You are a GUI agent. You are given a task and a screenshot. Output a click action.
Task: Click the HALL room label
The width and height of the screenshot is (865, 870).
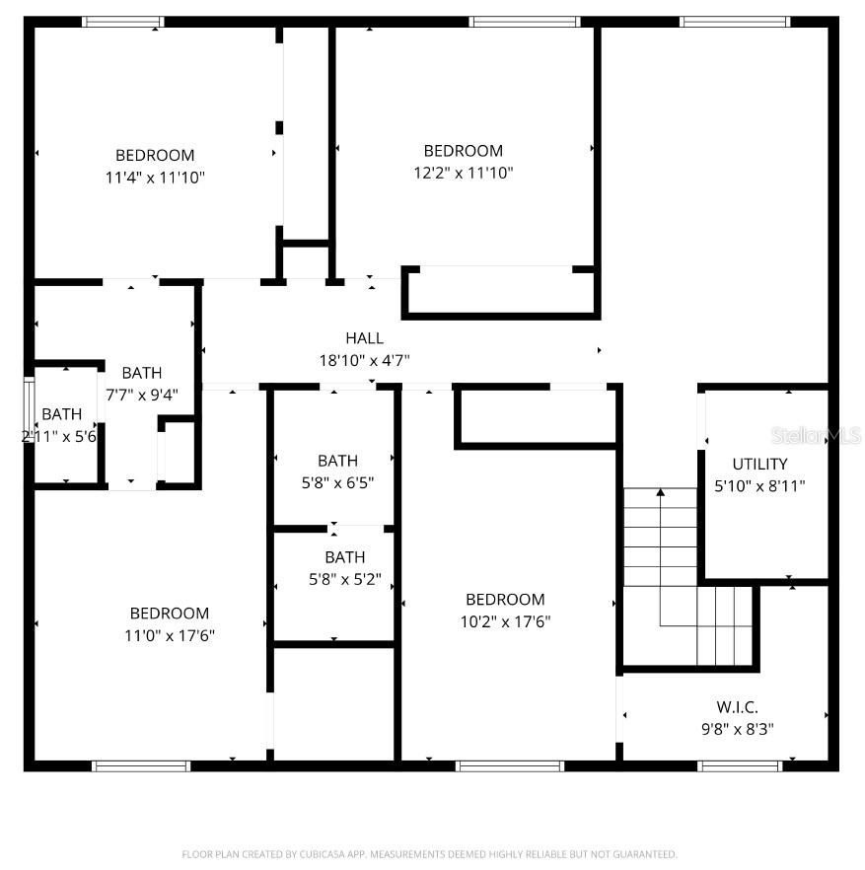click(x=364, y=338)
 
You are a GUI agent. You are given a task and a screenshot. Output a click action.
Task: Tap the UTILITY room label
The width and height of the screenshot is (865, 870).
click(x=759, y=464)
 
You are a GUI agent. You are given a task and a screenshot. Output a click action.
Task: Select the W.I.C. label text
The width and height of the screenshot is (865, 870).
click(x=737, y=707)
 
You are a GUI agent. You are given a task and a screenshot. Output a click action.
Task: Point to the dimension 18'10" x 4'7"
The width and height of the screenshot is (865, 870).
click(x=364, y=361)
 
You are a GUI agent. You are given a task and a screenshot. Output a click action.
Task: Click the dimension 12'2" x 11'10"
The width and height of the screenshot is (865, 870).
click(x=464, y=173)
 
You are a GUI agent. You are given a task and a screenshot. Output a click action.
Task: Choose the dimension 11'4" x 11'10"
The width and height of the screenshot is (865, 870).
click(x=155, y=178)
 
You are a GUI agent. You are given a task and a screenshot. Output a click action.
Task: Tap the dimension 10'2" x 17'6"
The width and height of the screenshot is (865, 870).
click(x=505, y=621)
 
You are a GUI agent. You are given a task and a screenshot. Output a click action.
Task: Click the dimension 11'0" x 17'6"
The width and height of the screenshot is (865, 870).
click(x=170, y=636)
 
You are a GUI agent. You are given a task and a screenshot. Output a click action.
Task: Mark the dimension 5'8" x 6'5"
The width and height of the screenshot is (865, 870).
click(x=338, y=483)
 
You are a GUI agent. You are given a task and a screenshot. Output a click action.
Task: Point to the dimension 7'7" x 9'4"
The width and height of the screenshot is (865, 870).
click(x=142, y=395)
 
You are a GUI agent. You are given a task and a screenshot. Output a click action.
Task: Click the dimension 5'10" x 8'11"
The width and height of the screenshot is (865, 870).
click(x=759, y=486)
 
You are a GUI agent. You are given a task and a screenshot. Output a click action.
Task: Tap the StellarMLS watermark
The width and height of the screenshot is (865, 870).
click(x=817, y=434)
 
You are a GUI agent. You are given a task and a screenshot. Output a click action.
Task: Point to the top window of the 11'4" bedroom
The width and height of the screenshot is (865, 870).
click(x=123, y=21)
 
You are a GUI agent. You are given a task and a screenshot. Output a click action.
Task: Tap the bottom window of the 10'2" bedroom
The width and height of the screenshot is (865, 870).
click(x=510, y=764)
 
